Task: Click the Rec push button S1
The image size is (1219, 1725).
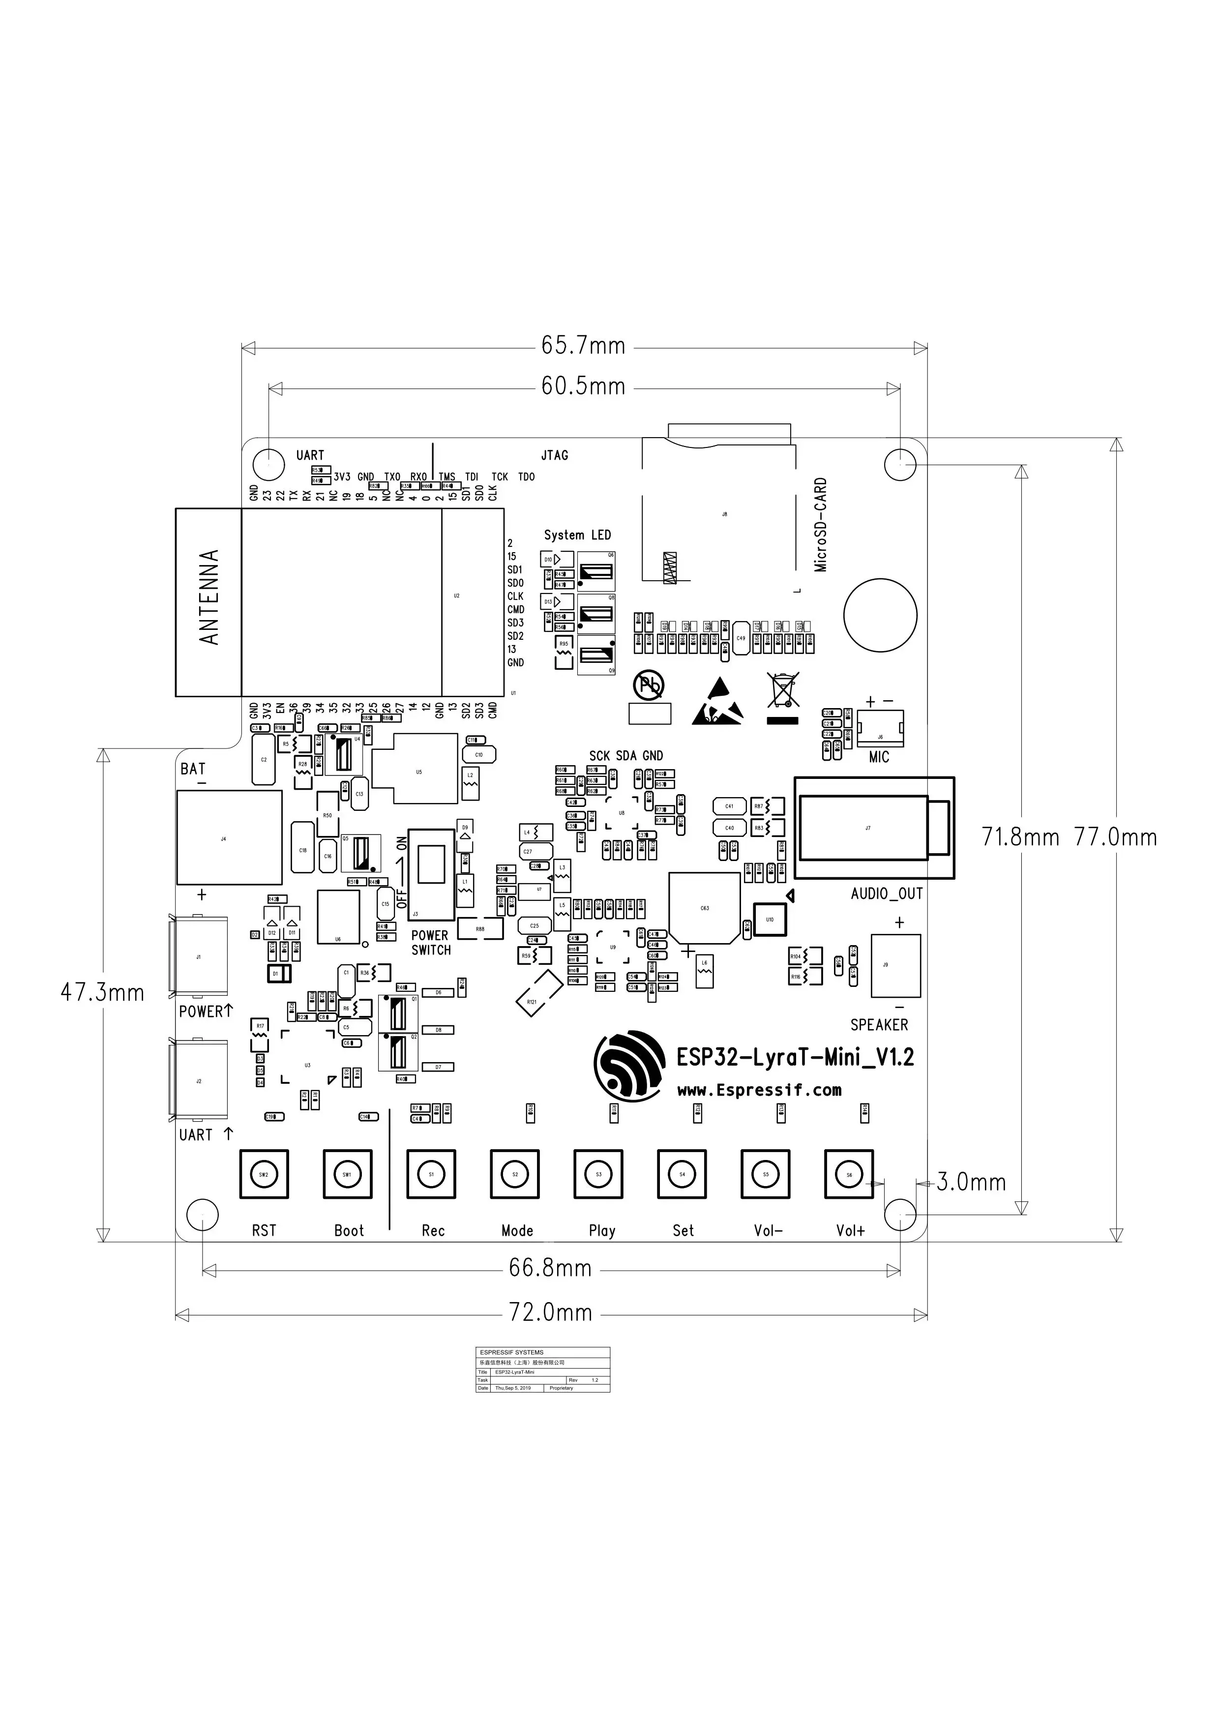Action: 431,1174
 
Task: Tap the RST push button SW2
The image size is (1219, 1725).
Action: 264,1174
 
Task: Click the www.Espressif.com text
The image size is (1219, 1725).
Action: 759,1090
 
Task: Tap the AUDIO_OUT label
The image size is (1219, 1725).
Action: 886,894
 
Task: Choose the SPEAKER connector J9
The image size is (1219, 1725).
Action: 895,965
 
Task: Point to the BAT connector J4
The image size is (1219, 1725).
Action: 229,838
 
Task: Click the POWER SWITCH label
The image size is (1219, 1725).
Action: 430,942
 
